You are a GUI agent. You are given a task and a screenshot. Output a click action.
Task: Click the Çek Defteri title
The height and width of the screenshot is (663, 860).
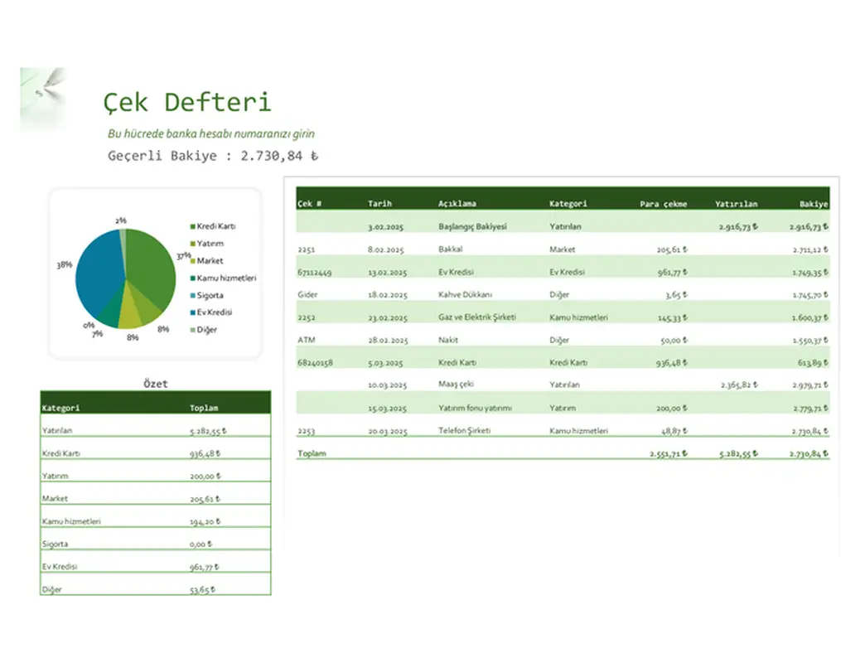[x=187, y=102]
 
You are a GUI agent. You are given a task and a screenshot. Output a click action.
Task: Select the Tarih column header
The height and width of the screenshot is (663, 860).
[x=379, y=203]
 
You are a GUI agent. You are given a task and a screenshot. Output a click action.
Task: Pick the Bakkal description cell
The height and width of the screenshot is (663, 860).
[x=450, y=249]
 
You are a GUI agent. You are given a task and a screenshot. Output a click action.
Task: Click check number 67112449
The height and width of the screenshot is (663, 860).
[x=314, y=272]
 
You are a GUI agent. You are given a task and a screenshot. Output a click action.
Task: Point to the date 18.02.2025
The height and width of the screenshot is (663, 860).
[x=388, y=294]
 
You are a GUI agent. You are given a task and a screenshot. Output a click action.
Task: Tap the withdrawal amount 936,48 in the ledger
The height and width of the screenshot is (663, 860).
[x=670, y=362]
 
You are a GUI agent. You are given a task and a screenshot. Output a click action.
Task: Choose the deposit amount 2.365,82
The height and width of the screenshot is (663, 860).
[x=736, y=385]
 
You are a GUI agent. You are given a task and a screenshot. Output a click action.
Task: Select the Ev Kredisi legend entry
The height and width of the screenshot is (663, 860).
[x=214, y=312]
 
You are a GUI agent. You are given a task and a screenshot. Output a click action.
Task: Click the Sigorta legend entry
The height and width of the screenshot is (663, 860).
[x=210, y=295]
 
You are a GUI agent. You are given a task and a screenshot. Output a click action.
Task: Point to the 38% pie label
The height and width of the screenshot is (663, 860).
[x=64, y=264]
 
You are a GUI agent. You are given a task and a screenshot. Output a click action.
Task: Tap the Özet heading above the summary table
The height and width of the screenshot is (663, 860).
[x=155, y=384]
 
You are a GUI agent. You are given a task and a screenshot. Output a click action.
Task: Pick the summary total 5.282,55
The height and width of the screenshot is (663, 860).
[x=208, y=431]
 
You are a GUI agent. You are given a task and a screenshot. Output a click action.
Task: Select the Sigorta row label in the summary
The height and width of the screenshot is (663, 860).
[x=55, y=544]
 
